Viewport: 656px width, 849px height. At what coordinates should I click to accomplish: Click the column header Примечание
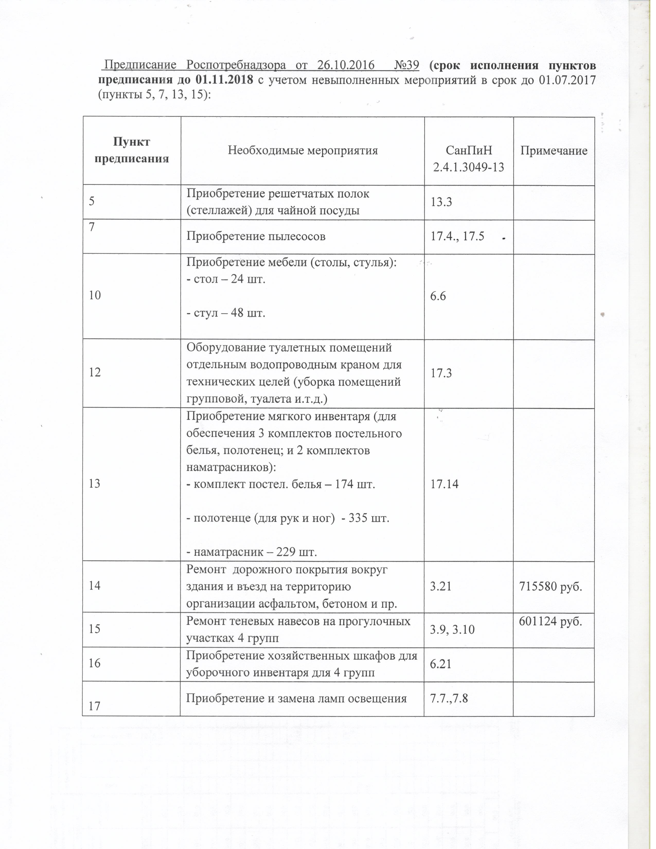[x=554, y=151]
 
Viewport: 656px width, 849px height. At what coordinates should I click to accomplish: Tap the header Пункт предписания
[x=132, y=151]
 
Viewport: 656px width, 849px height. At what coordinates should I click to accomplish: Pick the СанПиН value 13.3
[x=441, y=202]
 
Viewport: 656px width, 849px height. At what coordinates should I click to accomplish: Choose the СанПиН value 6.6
[x=438, y=297]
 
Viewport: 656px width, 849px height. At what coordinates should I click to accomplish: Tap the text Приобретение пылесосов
[x=256, y=236]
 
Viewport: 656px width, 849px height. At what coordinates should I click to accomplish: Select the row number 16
[x=95, y=664]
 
